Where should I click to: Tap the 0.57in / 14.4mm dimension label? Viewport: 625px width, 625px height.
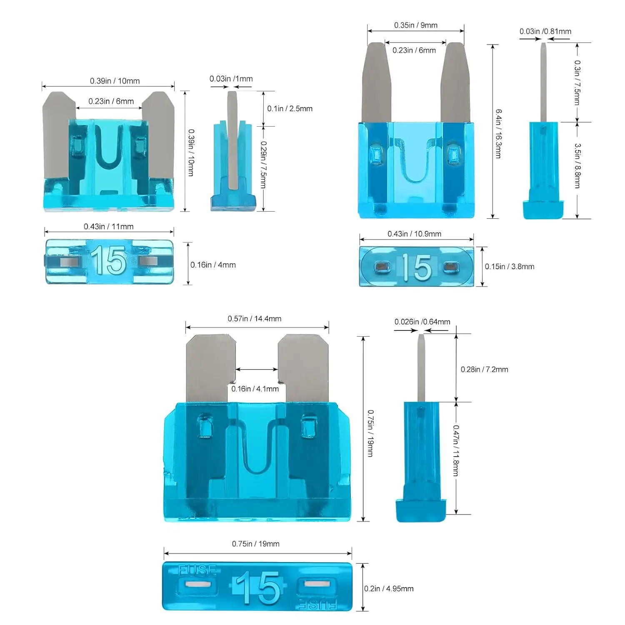pyautogui.click(x=254, y=319)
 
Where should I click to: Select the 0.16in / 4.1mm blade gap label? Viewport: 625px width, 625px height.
pyautogui.click(x=255, y=389)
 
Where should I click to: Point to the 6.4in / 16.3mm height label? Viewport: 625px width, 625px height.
pyautogui.click(x=498, y=133)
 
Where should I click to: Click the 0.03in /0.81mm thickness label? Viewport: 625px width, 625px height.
pyautogui.click(x=545, y=31)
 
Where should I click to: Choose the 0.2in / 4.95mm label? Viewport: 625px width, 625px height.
pyautogui.click(x=389, y=588)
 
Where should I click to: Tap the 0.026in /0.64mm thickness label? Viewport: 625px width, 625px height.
pyautogui.click(x=422, y=322)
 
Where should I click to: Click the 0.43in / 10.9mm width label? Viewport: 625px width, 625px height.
pyautogui.click(x=414, y=234)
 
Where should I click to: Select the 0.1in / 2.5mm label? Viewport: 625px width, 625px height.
pyautogui.click(x=290, y=108)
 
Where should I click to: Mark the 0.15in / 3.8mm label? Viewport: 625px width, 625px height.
pyautogui.click(x=509, y=266)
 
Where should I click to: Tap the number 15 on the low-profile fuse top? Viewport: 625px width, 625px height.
pyautogui.click(x=108, y=261)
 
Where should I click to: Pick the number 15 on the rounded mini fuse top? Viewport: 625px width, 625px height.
pyautogui.click(x=416, y=267)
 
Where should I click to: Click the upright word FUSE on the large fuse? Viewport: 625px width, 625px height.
pyautogui.click(x=197, y=570)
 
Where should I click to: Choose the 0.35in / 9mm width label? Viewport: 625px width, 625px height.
pyautogui.click(x=415, y=25)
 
